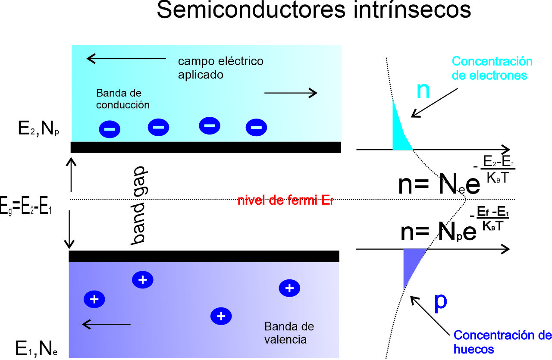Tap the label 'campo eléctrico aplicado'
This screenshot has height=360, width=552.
[220, 68]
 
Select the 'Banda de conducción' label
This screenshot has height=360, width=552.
[123, 99]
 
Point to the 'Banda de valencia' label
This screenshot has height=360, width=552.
[289, 333]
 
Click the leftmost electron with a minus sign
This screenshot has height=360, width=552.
[110, 128]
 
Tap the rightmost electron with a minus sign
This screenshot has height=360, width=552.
[256, 127]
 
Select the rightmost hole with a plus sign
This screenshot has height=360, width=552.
[290, 288]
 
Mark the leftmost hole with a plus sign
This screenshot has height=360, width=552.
[94, 299]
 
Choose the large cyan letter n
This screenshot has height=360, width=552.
[423, 91]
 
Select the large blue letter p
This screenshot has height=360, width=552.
[440, 302]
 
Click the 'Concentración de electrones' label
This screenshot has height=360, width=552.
[492, 68]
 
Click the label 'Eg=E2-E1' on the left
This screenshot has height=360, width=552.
[26, 208]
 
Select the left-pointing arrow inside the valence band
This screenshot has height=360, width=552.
[106, 323]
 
